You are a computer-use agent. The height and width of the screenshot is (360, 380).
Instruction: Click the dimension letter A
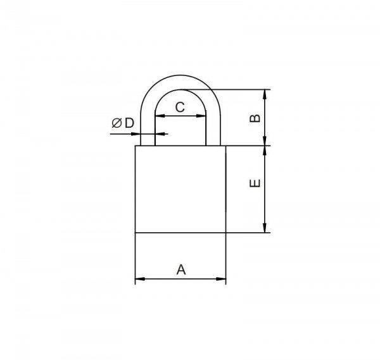pyautogui.click(x=181, y=270)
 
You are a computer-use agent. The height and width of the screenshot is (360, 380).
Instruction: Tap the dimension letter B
pyautogui.click(x=255, y=118)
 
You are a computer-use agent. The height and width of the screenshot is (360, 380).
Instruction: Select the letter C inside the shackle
pyautogui.click(x=180, y=108)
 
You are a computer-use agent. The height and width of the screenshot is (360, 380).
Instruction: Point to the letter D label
pyautogui.click(x=129, y=123)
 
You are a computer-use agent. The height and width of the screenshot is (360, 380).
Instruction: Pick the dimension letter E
pyautogui.click(x=255, y=183)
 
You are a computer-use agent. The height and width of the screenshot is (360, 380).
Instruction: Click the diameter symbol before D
pyautogui.click(x=117, y=123)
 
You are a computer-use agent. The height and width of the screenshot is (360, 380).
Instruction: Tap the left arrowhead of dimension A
pyautogui.click(x=140, y=279)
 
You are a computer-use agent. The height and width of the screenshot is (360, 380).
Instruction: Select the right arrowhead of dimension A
pyautogui.click(x=221, y=279)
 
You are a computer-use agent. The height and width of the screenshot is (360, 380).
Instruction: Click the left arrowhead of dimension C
pyautogui.click(x=160, y=116)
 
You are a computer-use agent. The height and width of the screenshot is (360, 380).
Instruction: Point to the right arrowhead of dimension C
pyautogui.click(x=201, y=116)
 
